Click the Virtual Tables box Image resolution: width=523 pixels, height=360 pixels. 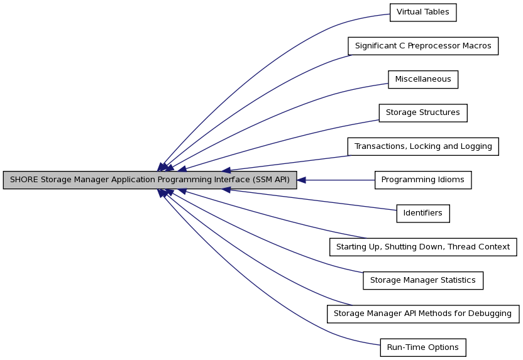423,13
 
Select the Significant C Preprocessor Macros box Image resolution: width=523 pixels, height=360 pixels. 423,46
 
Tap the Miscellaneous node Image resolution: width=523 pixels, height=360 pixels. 423,79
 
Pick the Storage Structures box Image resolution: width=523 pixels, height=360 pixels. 423,113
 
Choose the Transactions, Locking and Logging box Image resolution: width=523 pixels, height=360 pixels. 423,146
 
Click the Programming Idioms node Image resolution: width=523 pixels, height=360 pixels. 423,180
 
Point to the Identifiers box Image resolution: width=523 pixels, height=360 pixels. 423,214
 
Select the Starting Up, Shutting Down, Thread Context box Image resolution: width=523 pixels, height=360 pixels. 423,247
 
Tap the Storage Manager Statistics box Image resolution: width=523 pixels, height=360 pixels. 423,280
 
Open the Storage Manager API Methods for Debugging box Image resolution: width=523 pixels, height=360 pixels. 423,314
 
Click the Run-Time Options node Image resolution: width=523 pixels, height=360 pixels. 423,347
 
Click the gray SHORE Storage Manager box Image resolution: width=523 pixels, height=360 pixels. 150,180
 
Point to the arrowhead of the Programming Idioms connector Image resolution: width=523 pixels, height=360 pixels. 301,180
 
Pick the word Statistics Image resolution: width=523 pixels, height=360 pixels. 458,280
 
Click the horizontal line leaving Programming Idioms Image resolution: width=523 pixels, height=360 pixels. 340,180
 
